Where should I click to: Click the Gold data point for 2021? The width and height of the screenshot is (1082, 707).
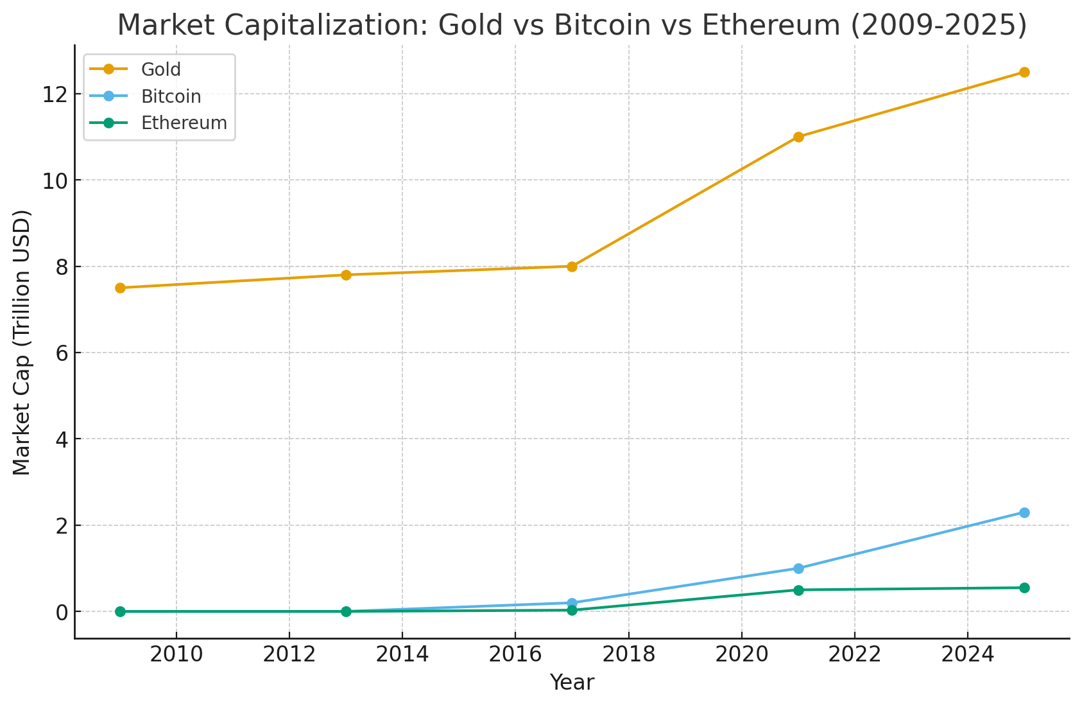point(798,137)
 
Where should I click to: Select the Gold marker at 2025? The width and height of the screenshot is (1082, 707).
point(1024,72)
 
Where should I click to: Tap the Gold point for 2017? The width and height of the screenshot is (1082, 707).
point(572,266)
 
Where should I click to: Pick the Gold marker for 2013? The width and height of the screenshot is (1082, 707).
point(346,275)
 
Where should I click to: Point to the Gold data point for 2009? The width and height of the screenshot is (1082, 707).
point(120,288)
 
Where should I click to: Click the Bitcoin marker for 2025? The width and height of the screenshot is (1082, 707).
point(1024,512)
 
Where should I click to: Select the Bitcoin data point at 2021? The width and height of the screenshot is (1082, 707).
point(798,568)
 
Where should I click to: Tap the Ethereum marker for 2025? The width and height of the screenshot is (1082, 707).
point(1024,588)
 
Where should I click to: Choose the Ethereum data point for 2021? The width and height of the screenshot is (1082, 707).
point(798,590)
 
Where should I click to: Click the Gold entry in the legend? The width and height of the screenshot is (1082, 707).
point(160,69)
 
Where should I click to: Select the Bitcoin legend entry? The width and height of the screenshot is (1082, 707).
point(171,96)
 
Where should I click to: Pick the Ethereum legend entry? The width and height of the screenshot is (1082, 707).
point(184,123)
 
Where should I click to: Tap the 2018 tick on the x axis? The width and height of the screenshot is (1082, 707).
point(628,655)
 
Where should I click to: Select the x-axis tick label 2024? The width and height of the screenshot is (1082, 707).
point(967,655)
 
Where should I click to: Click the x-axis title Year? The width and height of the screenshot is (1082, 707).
point(572,683)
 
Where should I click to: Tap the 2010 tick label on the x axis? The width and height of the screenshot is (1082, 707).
point(176,655)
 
